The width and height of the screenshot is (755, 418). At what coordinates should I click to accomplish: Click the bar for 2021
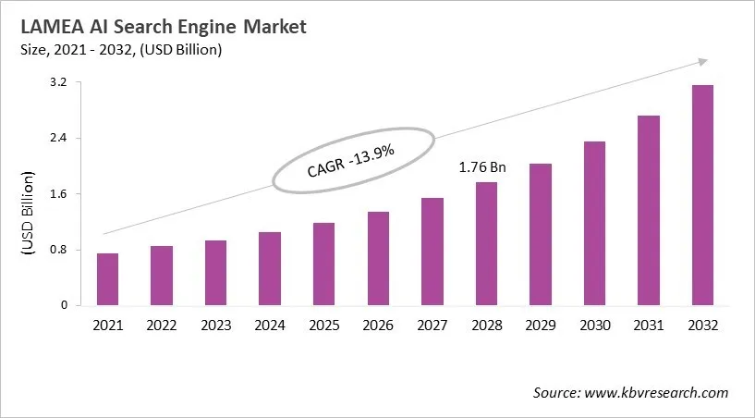(x=108, y=279)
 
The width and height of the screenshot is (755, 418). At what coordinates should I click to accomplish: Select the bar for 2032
(x=702, y=195)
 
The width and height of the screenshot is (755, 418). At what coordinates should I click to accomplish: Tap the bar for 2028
(x=486, y=243)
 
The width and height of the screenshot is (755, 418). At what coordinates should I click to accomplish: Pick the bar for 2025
(x=323, y=264)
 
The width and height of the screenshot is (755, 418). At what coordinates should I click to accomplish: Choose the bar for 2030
(x=594, y=223)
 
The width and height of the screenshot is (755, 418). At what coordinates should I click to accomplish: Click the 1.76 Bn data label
(x=483, y=167)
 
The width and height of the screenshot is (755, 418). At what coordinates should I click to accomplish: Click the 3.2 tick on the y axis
(x=58, y=83)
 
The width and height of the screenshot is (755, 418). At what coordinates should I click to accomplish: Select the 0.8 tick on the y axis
(x=58, y=250)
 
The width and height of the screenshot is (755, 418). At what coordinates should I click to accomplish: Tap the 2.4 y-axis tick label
(x=58, y=139)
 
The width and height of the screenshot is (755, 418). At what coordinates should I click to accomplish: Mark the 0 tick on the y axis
(x=65, y=305)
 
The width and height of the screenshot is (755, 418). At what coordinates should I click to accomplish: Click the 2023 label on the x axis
(x=215, y=325)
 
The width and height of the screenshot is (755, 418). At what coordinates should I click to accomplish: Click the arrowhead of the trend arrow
(x=702, y=61)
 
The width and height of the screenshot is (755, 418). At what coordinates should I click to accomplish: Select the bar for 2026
(x=378, y=258)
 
